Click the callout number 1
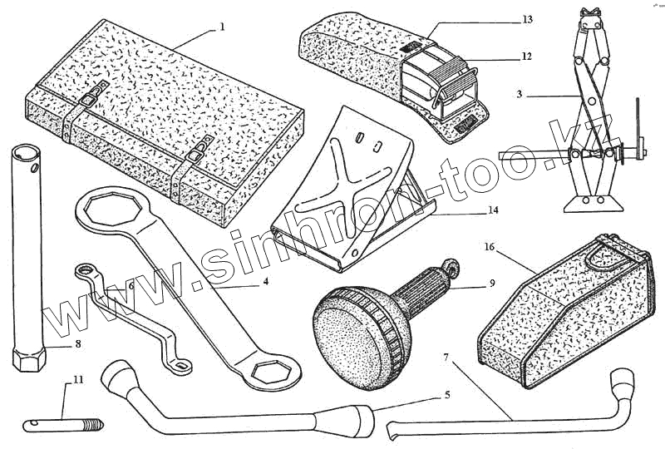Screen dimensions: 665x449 tap(222, 27)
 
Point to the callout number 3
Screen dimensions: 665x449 tap(520, 95)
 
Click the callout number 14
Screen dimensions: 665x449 tap(493, 210)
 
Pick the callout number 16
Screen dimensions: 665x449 tap(490, 247)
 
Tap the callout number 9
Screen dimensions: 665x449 tap(491, 284)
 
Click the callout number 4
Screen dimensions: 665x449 tap(266, 282)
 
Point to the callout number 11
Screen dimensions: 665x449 tap(78, 380)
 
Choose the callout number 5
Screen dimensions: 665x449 tap(447, 394)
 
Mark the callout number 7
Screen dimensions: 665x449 tap(446, 358)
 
